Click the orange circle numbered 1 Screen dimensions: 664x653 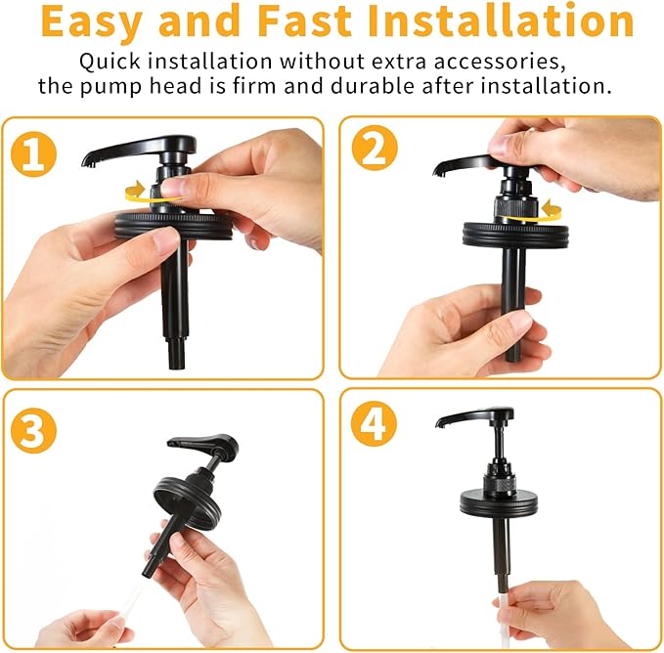click(33, 153)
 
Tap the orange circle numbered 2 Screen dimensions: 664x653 click(375, 148)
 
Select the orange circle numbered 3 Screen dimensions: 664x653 click(33, 430)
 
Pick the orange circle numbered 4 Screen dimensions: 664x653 click(374, 423)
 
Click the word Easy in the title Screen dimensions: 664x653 click(92, 22)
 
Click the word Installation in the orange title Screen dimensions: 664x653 click(501, 21)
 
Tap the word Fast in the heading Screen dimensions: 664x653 click(304, 21)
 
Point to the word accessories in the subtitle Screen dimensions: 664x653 click(500, 62)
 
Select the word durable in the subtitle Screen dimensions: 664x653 click(373, 86)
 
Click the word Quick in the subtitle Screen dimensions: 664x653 click(110, 62)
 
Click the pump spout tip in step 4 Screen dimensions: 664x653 click(440, 422)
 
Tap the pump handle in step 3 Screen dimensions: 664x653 click(203, 446)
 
